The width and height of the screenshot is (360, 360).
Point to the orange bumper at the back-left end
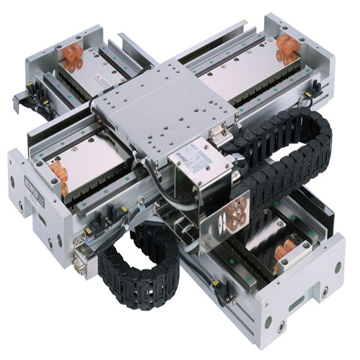point(70,56)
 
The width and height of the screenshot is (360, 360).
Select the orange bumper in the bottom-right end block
point(283,254)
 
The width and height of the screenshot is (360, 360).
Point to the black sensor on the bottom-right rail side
point(217,282)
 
